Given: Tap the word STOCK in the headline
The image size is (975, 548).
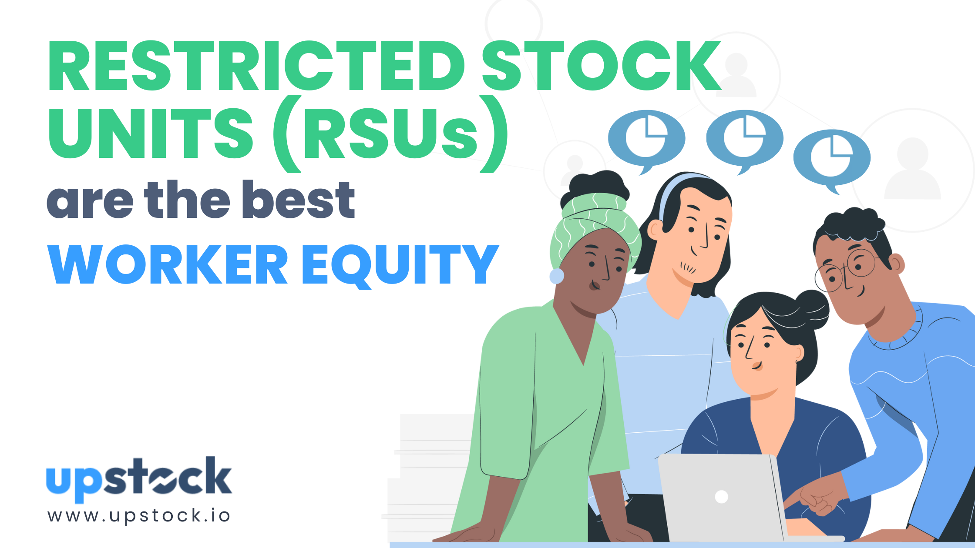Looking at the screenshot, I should point(601,66).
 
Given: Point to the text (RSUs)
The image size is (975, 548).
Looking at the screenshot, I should point(390,134).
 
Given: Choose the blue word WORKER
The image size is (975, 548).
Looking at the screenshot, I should point(168,264).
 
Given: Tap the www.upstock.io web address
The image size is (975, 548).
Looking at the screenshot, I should point(139,515).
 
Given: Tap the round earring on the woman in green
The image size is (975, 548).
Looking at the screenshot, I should point(557,276).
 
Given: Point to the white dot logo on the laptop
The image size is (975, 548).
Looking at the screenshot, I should point(721,496).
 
